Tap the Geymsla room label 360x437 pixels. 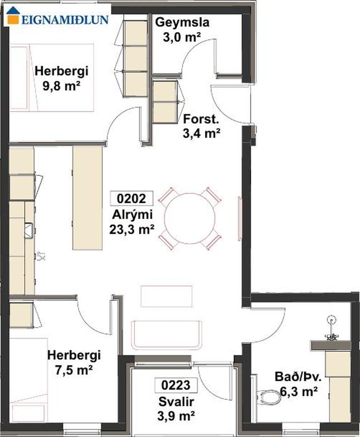pos(182,22)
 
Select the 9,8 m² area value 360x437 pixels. pos(61,86)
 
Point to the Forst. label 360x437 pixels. pos(201,119)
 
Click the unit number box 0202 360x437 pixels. pos(132,199)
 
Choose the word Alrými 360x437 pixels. pos(132,215)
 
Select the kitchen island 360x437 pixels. pos(87,198)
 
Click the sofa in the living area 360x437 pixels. pos(167,335)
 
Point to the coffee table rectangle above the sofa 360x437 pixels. pos(167,296)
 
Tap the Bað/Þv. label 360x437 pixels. pos(298,377)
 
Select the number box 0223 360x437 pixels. pos(176,385)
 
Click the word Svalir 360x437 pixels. pos(176,402)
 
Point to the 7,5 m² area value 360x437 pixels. pos(74,370)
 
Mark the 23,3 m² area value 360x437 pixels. pos(132,230)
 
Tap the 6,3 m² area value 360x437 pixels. pos(299,392)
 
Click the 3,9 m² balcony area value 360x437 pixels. pos(176,416)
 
